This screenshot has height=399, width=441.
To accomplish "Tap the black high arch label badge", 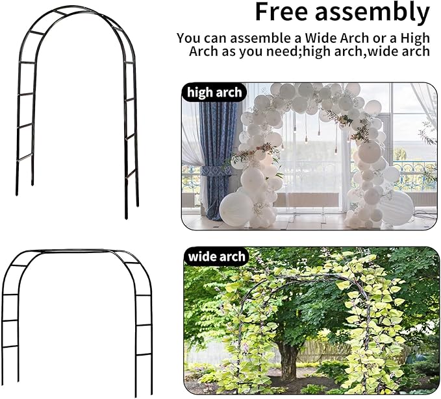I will point(214,92).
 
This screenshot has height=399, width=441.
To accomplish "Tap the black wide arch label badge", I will point(216,256).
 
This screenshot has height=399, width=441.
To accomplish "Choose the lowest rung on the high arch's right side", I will point(131,173).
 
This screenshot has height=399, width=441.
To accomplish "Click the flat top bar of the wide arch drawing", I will point(78,251).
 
